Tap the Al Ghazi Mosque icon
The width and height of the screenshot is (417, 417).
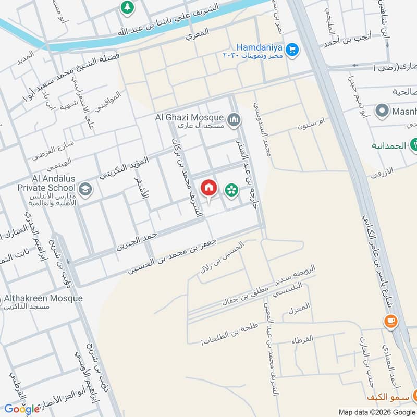click(x=235, y=120)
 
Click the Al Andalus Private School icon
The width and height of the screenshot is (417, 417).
click(x=86, y=189)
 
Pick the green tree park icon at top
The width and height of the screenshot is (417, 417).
click(x=126, y=7)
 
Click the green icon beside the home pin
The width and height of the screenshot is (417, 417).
click(x=230, y=190)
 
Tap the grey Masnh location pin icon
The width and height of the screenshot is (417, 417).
click(x=383, y=111)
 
